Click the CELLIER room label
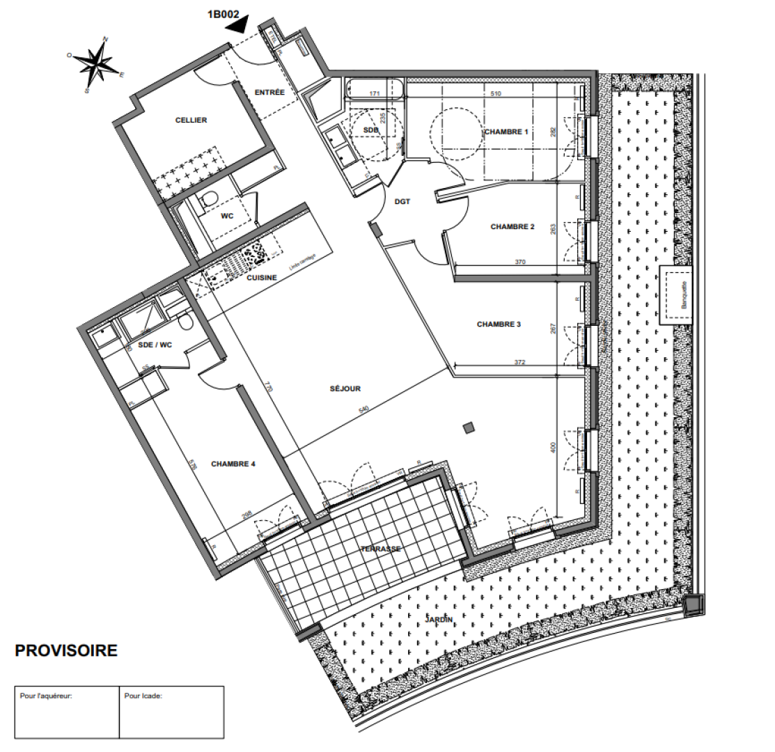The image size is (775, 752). [x=191, y=120]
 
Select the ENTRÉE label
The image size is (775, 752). [x=269, y=92]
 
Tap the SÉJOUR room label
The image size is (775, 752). [x=345, y=389]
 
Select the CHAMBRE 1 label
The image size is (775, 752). [x=507, y=132]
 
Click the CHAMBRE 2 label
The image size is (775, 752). [x=512, y=226]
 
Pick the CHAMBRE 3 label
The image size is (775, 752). [x=499, y=324]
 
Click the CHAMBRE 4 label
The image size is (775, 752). [x=234, y=463]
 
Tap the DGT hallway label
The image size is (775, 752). [x=402, y=201]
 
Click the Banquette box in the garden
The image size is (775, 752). [x=677, y=295]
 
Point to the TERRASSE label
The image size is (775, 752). [x=380, y=549]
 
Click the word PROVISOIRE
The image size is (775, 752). [x=66, y=651]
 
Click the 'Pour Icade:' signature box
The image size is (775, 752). [x=171, y=712]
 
